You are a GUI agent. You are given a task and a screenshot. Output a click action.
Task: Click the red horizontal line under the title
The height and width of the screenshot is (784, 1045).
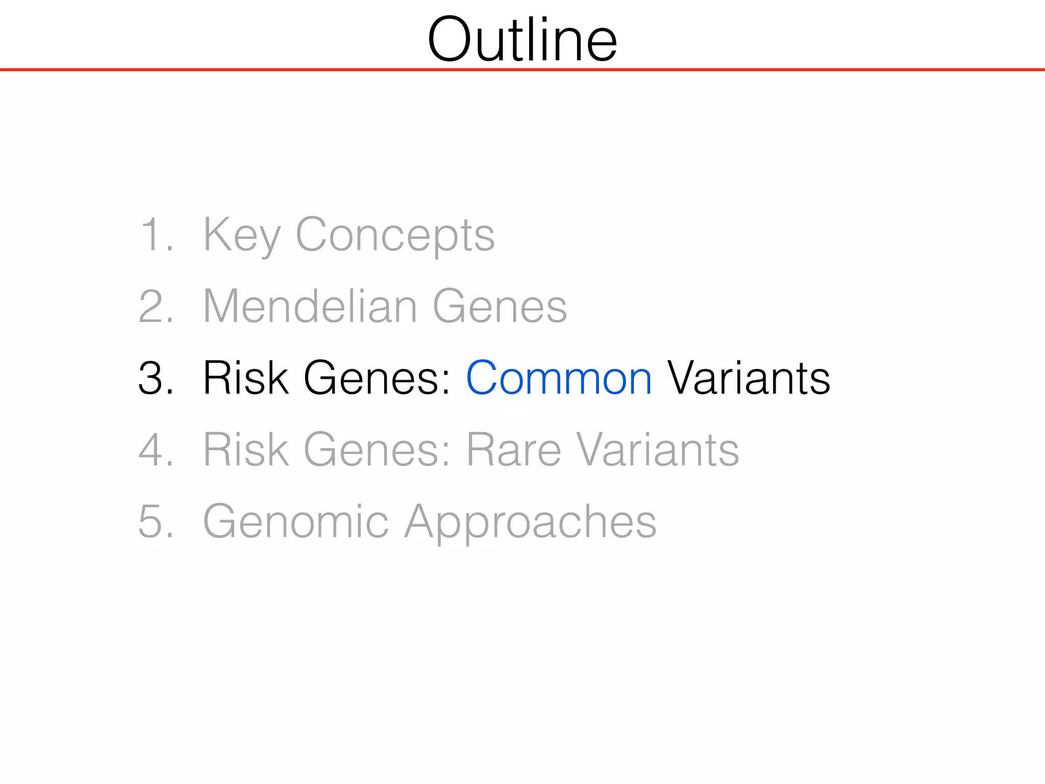pyautogui.click(x=522, y=69)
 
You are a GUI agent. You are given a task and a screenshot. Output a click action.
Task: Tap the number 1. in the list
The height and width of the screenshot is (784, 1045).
pyautogui.click(x=156, y=235)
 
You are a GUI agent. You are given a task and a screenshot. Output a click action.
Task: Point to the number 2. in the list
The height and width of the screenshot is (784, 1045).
pyautogui.click(x=156, y=307)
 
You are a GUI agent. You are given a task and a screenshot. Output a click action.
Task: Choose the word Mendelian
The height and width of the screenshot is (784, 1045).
pyautogui.click(x=310, y=307)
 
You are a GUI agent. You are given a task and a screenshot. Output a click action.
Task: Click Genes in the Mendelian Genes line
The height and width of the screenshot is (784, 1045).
pyautogui.click(x=500, y=307)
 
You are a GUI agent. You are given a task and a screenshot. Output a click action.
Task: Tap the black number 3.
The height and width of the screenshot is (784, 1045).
pyautogui.click(x=156, y=378)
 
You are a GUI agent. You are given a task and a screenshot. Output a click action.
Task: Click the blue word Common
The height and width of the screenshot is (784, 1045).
pyautogui.click(x=559, y=378)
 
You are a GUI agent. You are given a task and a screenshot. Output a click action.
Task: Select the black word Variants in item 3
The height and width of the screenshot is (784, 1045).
pyautogui.click(x=749, y=378)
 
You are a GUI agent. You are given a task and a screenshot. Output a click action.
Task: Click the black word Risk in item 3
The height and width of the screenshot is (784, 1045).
pyautogui.click(x=245, y=378)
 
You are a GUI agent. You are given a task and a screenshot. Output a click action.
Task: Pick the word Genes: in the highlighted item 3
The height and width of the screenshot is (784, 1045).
pyautogui.click(x=377, y=378)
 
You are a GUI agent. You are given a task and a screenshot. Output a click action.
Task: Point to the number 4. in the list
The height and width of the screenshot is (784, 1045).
pyautogui.click(x=156, y=450)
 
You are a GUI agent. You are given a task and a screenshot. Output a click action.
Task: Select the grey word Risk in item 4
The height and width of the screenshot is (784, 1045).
pyautogui.click(x=245, y=450)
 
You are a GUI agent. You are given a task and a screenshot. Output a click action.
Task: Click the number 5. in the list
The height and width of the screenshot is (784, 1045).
pyautogui.click(x=156, y=521)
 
